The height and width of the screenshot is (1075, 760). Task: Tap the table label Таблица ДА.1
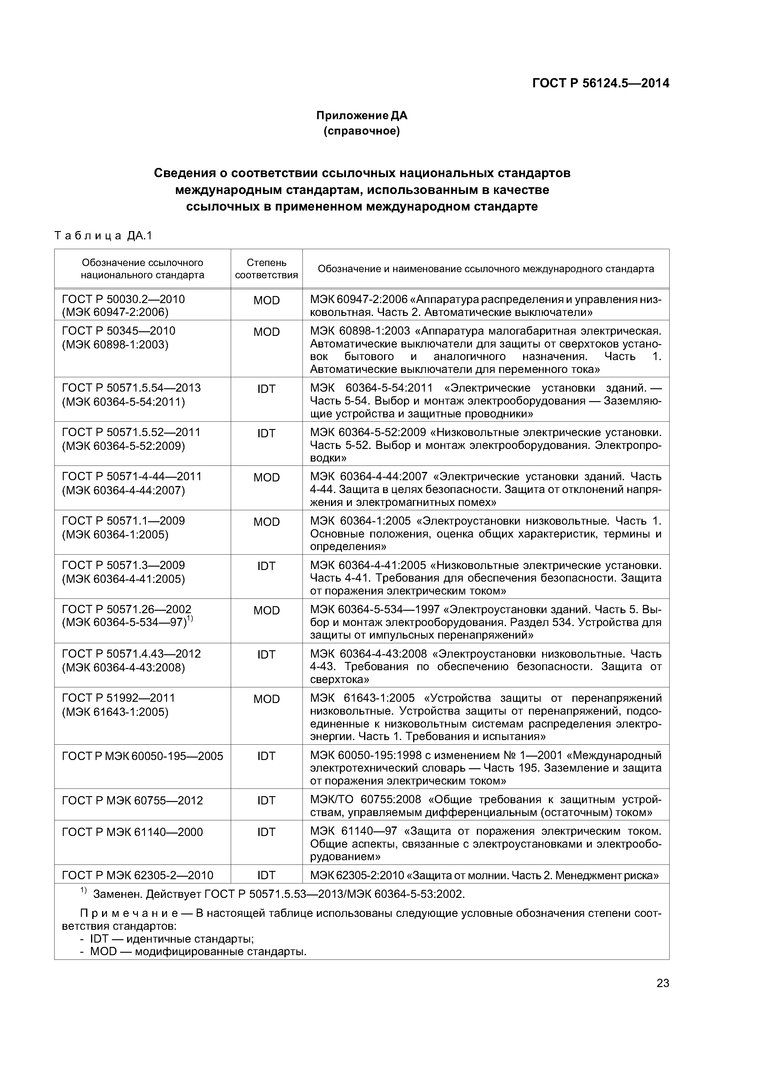pos(104,236)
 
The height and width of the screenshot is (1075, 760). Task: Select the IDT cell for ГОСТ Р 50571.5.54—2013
pos(266,389)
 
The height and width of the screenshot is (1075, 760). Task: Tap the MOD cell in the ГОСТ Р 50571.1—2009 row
pos(266,522)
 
